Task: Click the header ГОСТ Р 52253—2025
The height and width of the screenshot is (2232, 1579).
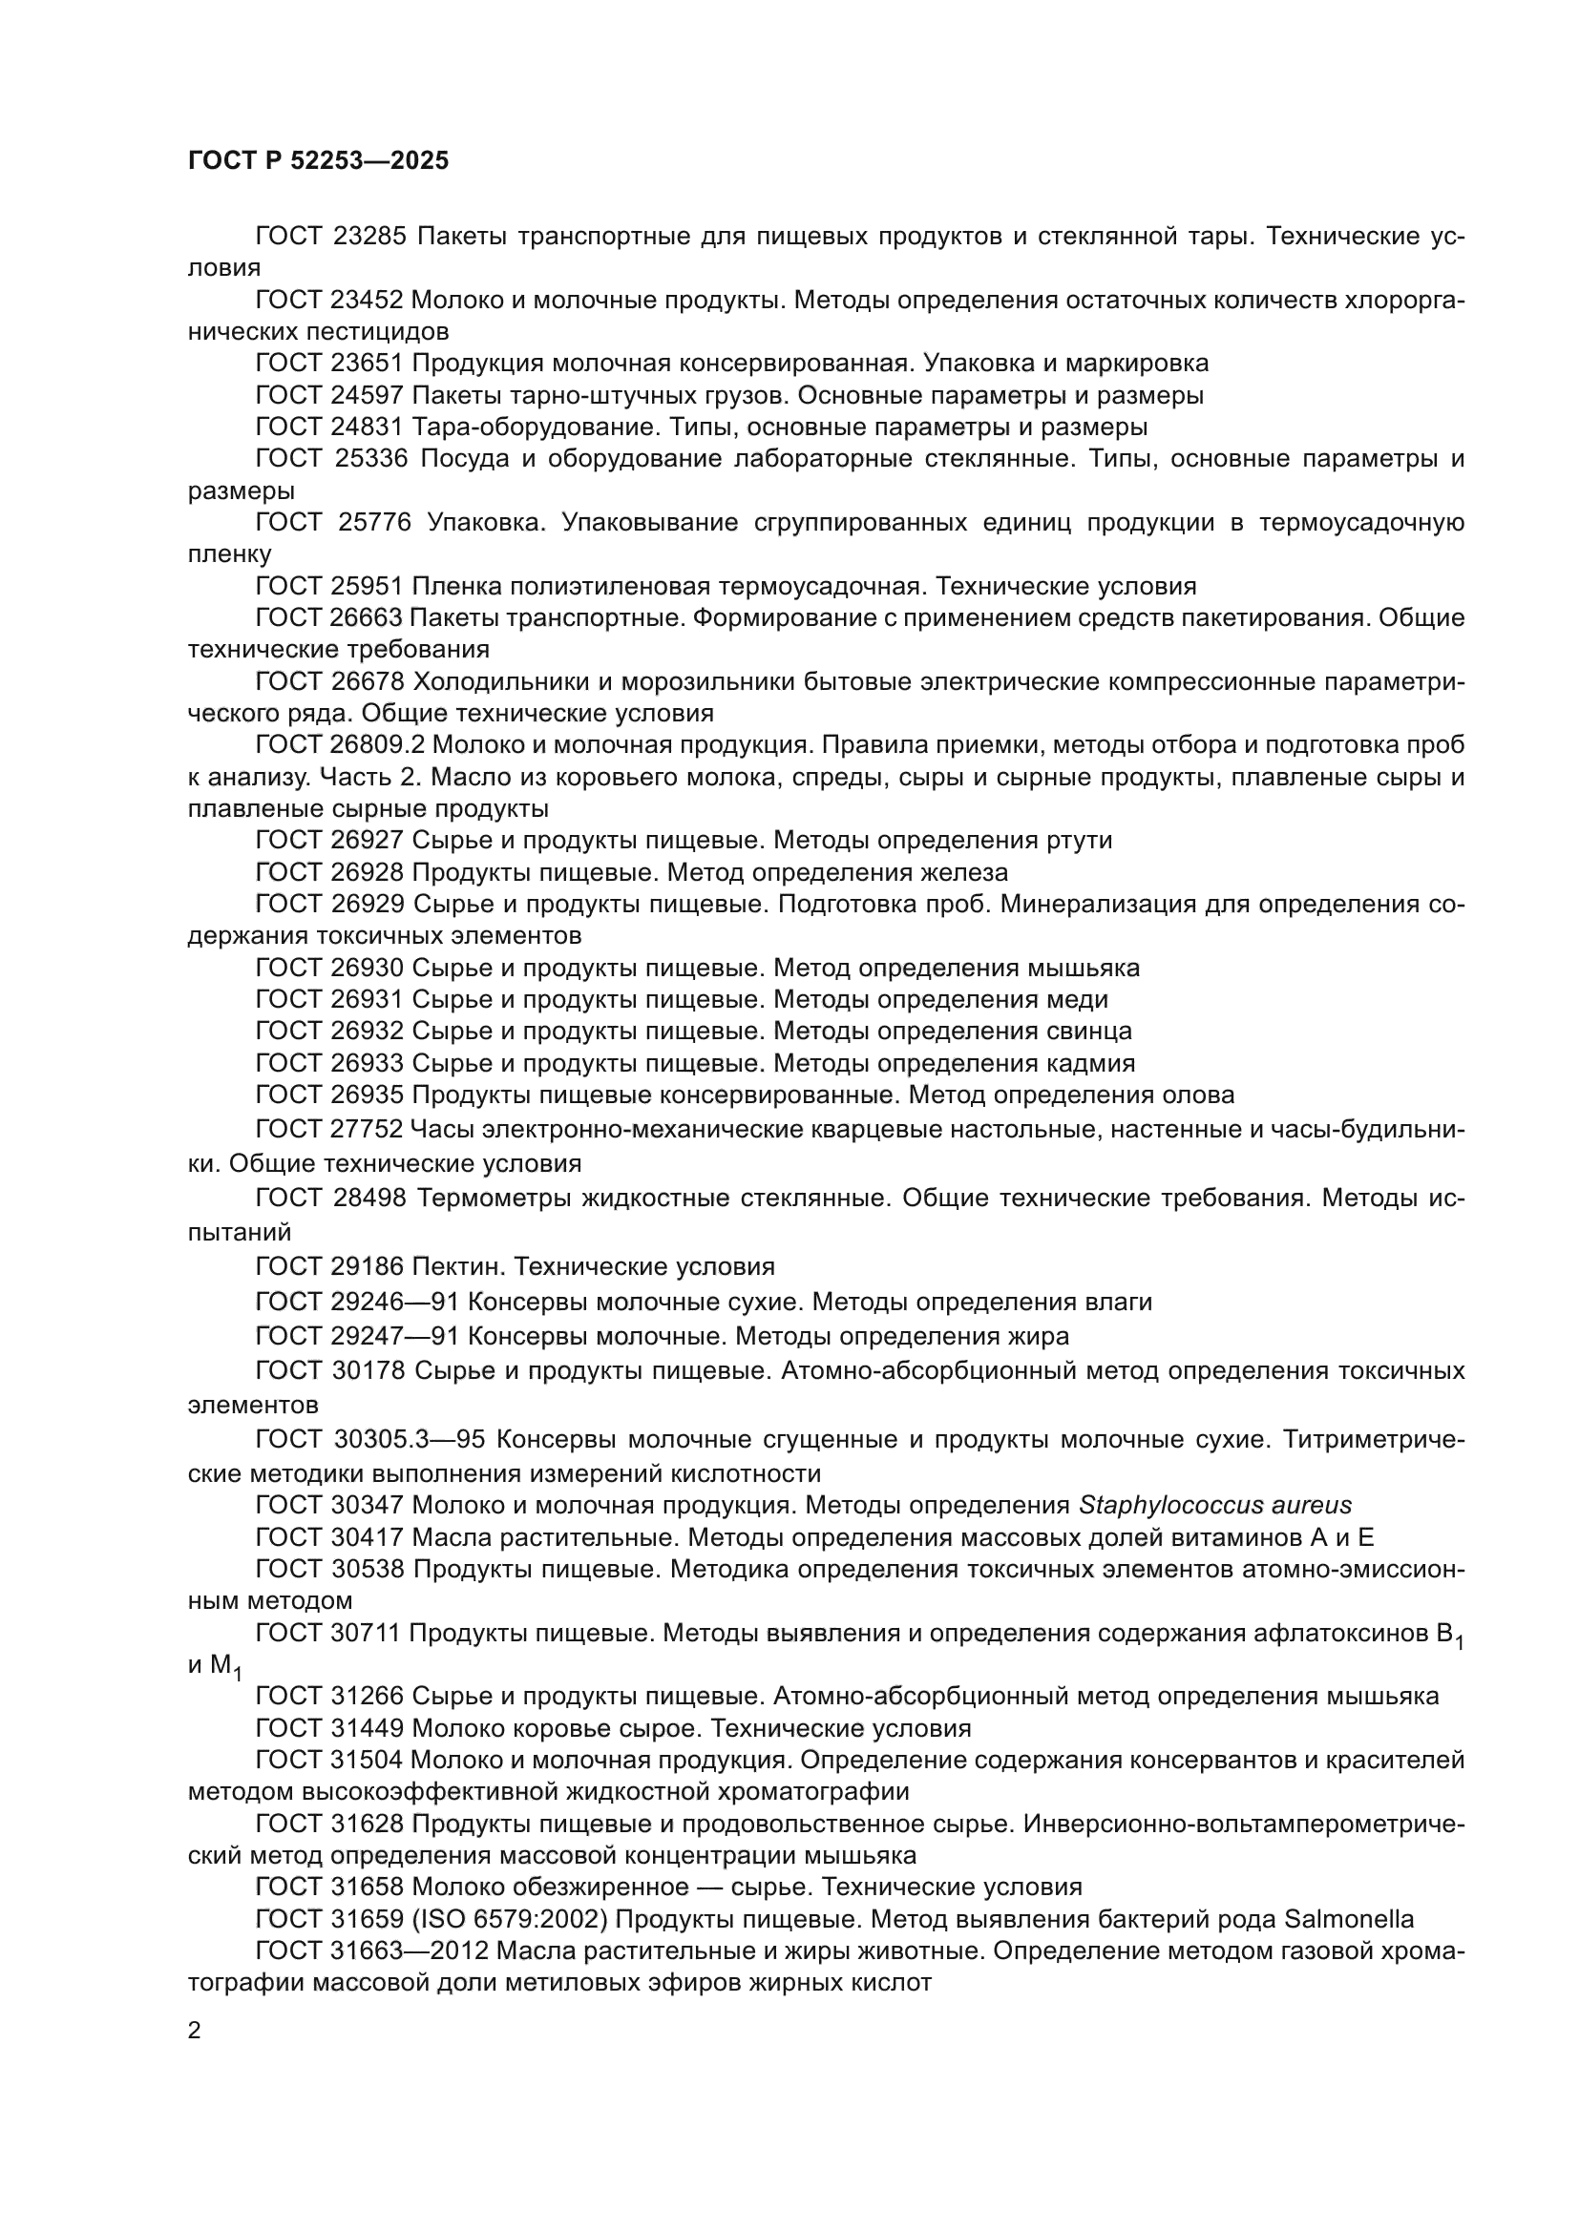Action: tap(318, 161)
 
